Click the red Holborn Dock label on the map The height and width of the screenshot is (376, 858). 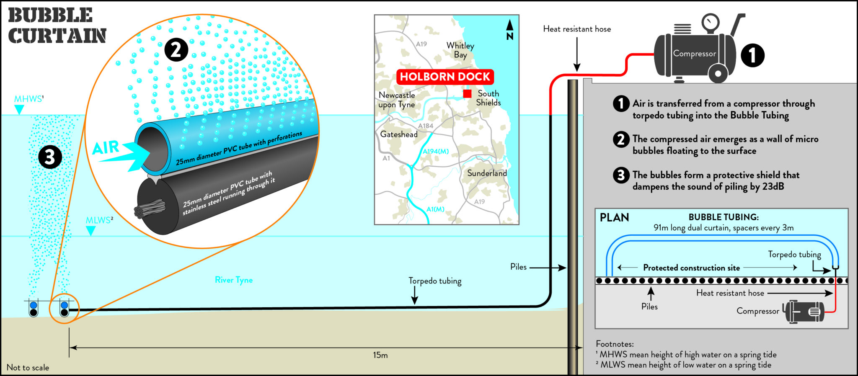point(445,77)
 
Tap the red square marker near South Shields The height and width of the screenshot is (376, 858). point(467,94)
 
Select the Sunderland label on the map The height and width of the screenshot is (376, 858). point(487,173)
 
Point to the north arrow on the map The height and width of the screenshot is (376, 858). point(510,29)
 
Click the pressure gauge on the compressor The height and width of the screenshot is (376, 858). point(711,21)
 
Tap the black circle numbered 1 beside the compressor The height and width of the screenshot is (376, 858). point(752,55)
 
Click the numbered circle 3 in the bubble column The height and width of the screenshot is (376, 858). point(50,157)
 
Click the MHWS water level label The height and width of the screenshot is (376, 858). point(28,99)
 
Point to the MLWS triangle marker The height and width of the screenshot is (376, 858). point(90,231)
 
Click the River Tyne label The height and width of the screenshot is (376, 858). point(234,280)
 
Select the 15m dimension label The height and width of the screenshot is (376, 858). point(380,355)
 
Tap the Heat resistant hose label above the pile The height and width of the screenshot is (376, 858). point(577,29)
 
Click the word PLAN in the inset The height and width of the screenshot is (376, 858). point(614,217)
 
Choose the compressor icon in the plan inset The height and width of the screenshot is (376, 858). point(804,312)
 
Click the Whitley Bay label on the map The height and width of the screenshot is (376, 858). point(460,50)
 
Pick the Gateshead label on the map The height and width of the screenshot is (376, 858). point(399,134)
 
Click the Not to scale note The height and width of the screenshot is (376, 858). point(28,368)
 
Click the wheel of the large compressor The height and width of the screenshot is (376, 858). point(718,73)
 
